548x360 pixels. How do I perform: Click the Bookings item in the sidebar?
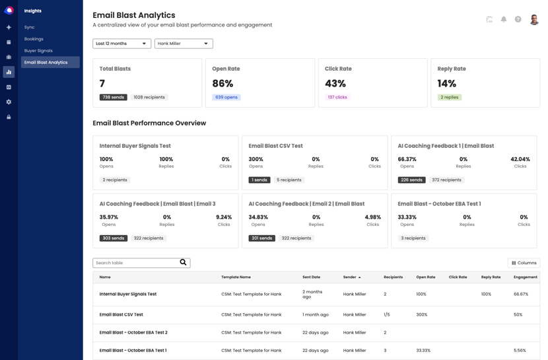(34, 39)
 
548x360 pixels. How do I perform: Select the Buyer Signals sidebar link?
(38, 51)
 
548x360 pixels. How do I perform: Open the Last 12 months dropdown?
(121, 44)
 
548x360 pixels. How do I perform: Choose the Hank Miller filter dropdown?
(184, 44)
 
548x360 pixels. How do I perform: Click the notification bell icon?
(504, 19)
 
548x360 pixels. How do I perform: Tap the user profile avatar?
(534, 19)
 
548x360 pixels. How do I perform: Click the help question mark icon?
(518, 19)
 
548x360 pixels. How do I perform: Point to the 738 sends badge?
(113, 97)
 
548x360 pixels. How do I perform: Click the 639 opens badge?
(226, 97)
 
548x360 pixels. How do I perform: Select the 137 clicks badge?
(337, 97)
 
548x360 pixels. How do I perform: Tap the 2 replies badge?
(450, 97)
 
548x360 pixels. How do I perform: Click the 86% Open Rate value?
(223, 84)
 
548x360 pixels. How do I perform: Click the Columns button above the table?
(524, 263)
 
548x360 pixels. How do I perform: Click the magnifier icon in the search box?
(184, 263)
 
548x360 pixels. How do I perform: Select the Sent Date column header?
(312, 277)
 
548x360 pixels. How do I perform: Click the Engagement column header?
(526, 277)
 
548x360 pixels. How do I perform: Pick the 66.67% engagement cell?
(520, 294)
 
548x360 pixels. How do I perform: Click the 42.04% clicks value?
(520, 159)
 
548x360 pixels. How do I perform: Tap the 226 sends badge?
(411, 180)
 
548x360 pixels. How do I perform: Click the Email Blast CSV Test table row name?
(121, 314)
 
